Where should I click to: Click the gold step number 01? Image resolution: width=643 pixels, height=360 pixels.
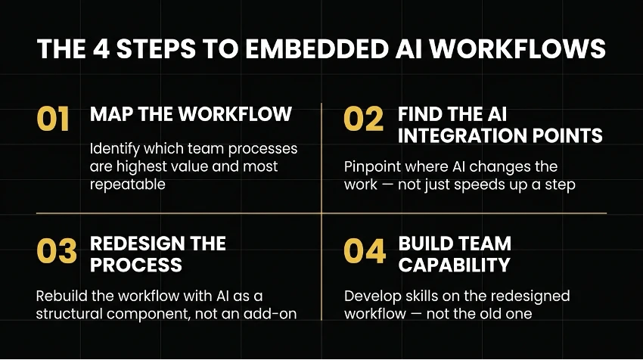[x=53, y=119]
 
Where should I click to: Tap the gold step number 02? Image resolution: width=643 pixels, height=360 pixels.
[x=363, y=119]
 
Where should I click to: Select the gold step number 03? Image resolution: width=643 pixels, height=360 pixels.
[x=57, y=251]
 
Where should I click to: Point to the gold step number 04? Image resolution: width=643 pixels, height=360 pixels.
[x=365, y=251]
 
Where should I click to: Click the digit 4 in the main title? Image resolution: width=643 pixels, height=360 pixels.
[x=101, y=49]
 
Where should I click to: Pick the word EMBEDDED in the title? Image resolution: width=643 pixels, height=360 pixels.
[x=316, y=49]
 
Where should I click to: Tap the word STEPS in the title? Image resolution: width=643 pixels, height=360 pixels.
[x=157, y=49]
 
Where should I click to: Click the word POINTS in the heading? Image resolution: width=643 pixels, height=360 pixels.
[x=567, y=135]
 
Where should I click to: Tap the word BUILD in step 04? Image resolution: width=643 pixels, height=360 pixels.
[x=424, y=244]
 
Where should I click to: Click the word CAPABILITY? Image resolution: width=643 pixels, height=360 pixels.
[x=455, y=265]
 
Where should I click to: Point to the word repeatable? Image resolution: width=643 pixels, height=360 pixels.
[x=128, y=185]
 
